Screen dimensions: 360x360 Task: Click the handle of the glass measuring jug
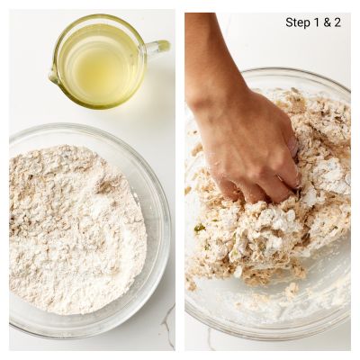159,48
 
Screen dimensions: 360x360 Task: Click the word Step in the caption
297,22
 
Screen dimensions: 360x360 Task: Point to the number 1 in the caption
316,22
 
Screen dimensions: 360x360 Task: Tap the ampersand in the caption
327,22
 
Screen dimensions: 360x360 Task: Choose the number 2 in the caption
337,22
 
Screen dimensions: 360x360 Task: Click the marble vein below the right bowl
210,339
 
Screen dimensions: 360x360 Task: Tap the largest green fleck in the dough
200,229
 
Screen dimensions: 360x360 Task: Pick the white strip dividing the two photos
180,180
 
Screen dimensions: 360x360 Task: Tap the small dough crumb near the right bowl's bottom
292,290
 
